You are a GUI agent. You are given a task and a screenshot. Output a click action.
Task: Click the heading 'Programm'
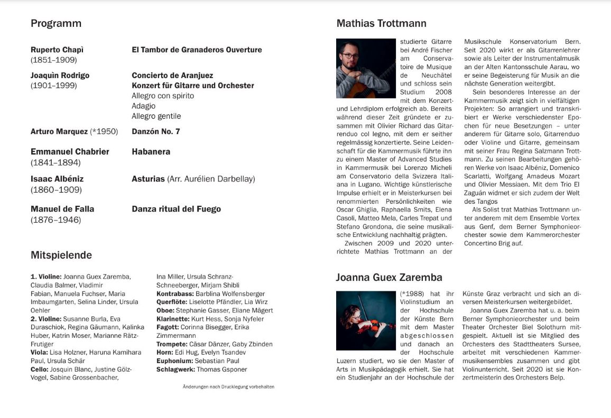(x=56, y=24)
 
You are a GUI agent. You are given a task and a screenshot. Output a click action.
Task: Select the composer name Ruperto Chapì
(x=57, y=50)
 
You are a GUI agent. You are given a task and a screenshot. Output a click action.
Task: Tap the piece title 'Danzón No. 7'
(x=156, y=131)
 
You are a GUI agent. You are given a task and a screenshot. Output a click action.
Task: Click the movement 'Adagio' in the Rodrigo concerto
(x=144, y=106)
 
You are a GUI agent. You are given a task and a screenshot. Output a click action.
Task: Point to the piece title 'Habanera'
(x=151, y=152)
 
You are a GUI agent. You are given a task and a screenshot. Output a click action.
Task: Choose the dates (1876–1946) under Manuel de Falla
(x=56, y=220)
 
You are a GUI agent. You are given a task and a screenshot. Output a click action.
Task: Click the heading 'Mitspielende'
(x=61, y=255)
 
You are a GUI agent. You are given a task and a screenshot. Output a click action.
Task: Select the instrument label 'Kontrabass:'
(x=175, y=293)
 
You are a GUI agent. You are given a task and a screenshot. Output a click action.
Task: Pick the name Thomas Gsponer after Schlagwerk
(x=221, y=369)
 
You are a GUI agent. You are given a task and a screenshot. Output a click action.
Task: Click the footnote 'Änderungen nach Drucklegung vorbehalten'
(x=228, y=387)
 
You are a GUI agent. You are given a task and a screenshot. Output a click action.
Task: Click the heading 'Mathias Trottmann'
(x=381, y=24)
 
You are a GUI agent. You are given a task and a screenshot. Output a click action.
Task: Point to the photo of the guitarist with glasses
(x=366, y=68)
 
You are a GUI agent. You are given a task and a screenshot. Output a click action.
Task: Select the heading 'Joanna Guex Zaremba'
(x=389, y=278)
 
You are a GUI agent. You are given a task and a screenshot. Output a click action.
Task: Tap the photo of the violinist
(x=366, y=320)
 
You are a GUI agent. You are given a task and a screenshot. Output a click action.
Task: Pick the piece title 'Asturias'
(x=149, y=179)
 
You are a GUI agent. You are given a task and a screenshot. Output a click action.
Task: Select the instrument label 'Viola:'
(x=39, y=353)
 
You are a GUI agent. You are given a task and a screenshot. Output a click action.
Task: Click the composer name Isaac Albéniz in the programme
(x=57, y=179)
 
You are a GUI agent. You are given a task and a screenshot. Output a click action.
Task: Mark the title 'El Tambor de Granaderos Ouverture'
(x=197, y=50)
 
